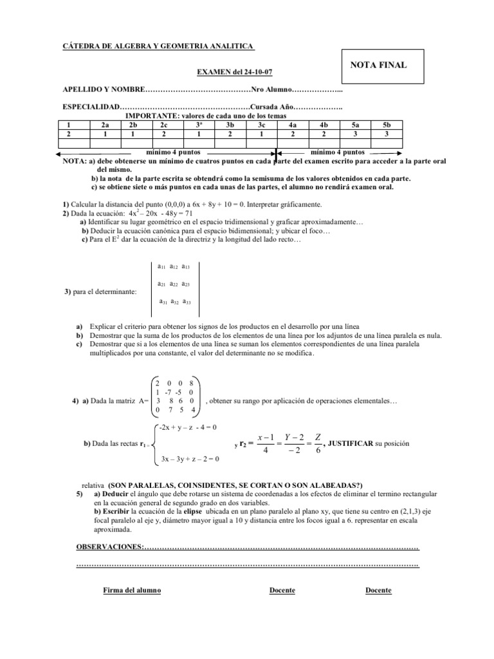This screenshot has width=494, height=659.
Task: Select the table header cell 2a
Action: click(x=105, y=125)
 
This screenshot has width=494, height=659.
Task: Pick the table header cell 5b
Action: click(x=386, y=125)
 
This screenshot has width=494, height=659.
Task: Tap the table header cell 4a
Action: click(x=292, y=125)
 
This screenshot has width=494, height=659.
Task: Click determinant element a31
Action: click(x=164, y=301)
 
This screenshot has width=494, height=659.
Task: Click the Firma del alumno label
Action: click(x=133, y=591)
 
